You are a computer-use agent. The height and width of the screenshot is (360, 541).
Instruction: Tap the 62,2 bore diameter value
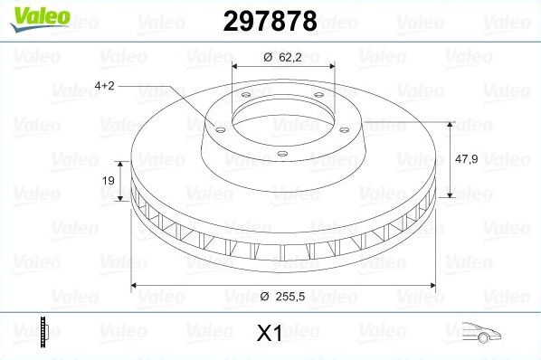click(x=290, y=57)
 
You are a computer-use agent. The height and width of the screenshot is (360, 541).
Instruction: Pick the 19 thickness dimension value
click(x=108, y=181)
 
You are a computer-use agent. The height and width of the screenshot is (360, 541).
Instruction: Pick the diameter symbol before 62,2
click(x=268, y=57)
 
